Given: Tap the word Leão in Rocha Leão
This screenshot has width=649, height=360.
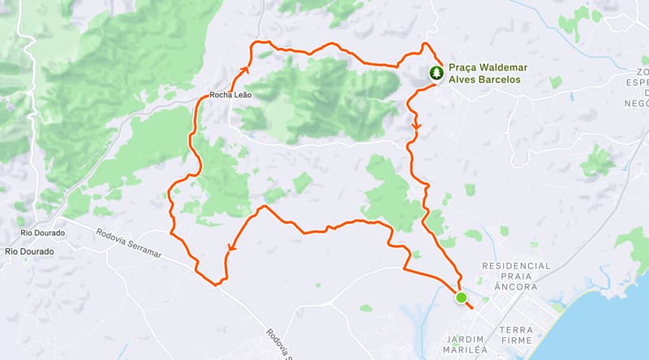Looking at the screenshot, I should pyautogui.click(x=243, y=95).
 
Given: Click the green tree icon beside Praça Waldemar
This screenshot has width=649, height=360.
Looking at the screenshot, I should pyautogui.click(x=436, y=74).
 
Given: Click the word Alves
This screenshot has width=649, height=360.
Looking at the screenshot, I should pyautogui.click(x=463, y=80).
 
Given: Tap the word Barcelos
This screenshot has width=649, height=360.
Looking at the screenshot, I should pyautogui.click(x=500, y=80).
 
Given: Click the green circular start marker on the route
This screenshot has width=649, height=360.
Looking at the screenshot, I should pyautogui.click(x=462, y=298).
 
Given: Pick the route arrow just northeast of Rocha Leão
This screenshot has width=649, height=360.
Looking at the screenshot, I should pyautogui.click(x=245, y=72).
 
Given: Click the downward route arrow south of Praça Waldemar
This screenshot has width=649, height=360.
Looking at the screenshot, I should pyautogui.click(x=416, y=126).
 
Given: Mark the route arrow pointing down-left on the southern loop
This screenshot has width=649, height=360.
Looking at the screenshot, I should pyautogui.click(x=230, y=250).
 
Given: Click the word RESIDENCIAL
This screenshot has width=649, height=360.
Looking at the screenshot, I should pyautogui.click(x=516, y=266).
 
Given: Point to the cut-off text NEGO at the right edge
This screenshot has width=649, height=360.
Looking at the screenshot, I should pyautogui.click(x=636, y=103).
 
